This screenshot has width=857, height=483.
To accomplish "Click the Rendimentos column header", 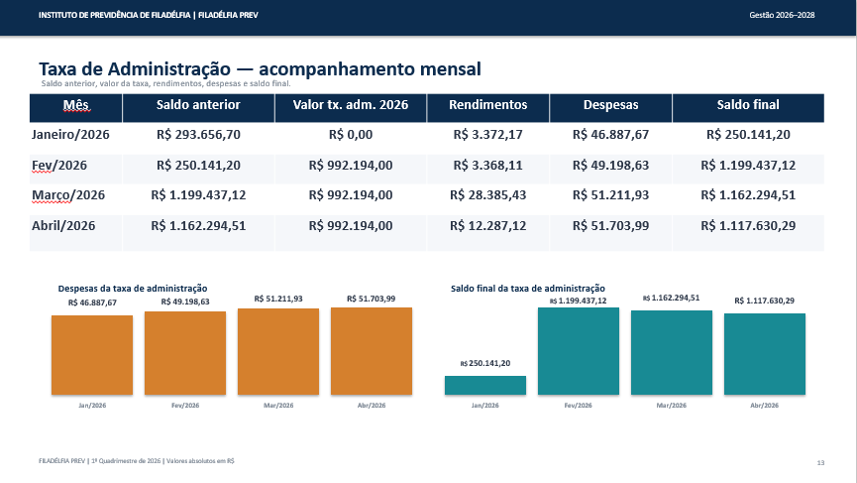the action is tap(488, 105).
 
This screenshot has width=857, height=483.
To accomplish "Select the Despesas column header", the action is tap(610, 105).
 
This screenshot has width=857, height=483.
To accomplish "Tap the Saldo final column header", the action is tap(748, 105).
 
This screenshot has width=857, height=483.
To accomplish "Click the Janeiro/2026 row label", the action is tap(70, 135).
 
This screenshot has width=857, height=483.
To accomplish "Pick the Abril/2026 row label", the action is tap(63, 226).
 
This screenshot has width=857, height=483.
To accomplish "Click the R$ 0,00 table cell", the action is tap(351, 135).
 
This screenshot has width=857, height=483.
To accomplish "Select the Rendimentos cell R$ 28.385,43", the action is tap(488, 195).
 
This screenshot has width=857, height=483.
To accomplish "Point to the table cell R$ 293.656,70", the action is tap(198, 135).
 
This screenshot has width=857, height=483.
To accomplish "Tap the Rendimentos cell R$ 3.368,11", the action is tap(488, 166).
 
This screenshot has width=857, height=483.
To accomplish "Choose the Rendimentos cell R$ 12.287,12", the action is tap(488, 226).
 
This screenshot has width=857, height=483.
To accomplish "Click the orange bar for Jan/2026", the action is tap(92, 355).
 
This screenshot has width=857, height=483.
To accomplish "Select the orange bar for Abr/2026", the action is tap(372, 351).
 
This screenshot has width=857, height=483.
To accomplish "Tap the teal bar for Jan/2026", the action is tap(485, 385).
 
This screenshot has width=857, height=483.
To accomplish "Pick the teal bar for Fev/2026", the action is tap(579, 351).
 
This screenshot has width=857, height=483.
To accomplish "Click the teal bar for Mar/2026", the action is tap(672, 353).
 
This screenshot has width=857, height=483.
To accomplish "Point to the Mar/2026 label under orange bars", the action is tap(278, 406).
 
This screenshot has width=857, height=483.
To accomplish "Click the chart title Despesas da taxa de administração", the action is tap(133, 289).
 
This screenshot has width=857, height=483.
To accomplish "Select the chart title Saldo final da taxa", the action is tap(528, 289).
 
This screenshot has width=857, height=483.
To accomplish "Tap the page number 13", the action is tap(820, 463).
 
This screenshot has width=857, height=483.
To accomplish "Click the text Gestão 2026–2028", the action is tap(782, 15).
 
